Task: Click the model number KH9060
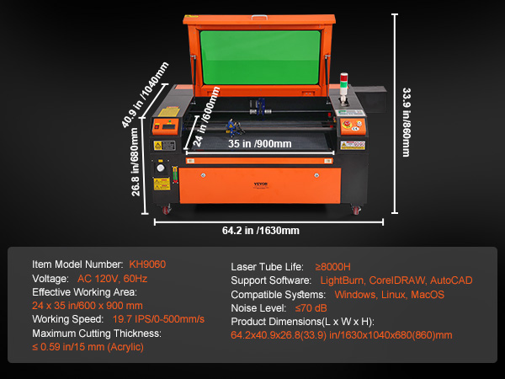(x=148, y=264)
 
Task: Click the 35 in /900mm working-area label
(x=260, y=144)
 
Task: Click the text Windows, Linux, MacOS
(x=389, y=295)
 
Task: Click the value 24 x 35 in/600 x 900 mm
(x=87, y=306)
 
